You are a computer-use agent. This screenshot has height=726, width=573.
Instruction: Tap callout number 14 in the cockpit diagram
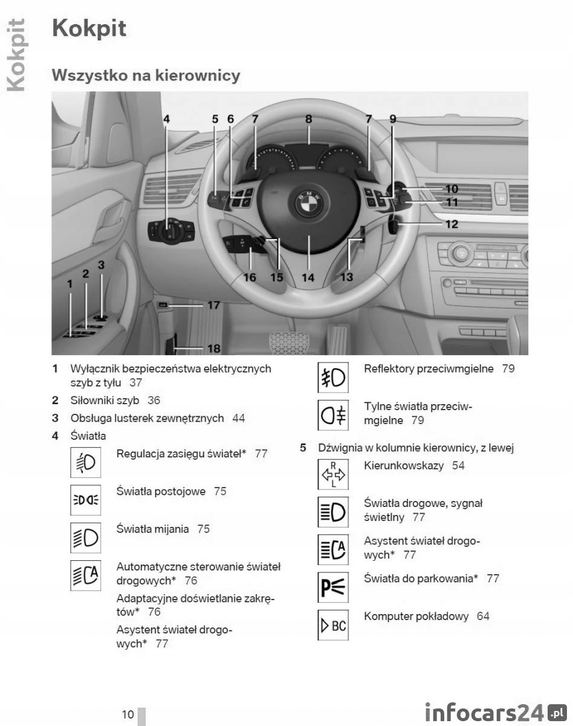308,278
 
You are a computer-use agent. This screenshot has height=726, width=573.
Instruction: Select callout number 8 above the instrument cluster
308,119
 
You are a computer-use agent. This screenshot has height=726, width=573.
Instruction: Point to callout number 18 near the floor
213,348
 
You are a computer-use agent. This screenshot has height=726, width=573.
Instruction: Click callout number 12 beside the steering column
452,224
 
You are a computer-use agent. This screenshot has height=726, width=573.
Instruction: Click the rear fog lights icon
332,415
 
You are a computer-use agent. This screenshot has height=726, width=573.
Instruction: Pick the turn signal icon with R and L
332,474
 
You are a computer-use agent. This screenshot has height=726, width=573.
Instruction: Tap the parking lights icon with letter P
332,587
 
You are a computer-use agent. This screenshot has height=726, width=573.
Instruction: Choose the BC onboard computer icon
332,625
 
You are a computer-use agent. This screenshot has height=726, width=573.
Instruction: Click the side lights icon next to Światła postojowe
85,500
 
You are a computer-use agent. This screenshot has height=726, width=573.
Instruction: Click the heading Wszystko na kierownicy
146,76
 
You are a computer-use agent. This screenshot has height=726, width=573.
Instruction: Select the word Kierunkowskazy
404,466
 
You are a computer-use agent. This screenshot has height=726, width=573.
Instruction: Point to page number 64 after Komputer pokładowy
483,616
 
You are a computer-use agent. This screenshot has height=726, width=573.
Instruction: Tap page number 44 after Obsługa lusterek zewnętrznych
239,418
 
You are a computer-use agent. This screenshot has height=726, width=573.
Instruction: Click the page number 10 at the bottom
128,715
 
